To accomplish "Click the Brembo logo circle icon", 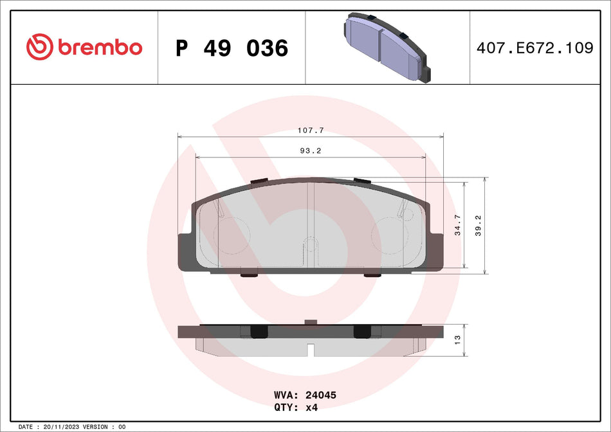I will pos(40,46).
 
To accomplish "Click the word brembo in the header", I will pos(100,47).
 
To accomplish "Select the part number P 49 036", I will pos(232,48).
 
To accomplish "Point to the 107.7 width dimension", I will pos(310,130).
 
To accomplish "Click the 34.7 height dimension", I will pos(457,225).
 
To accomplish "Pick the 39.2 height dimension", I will pos(478,225).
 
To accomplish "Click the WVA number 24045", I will pos(322,395).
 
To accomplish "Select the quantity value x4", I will pos(311,408).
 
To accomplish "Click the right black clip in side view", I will pos(363,331).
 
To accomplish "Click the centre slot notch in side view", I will pos(311,350).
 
